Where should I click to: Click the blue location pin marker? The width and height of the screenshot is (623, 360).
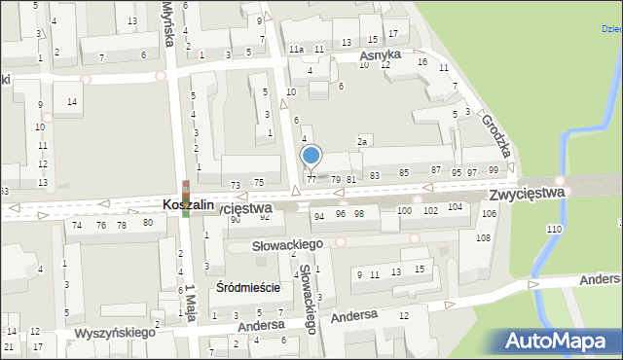(311, 156)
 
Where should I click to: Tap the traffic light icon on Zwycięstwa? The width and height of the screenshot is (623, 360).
(185, 198)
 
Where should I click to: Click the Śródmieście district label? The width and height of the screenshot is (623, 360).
(247, 287)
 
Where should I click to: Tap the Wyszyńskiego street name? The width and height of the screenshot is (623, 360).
(115, 334)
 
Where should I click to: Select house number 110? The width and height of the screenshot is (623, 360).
(554, 229)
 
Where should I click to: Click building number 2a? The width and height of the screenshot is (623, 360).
(362, 142)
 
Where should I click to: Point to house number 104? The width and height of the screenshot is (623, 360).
(455, 208)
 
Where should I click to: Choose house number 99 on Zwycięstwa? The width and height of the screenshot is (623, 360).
(494, 171)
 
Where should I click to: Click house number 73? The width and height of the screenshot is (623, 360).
(235, 184)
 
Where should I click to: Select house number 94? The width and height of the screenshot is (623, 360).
(318, 215)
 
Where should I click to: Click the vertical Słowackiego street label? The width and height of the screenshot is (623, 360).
(308, 299)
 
